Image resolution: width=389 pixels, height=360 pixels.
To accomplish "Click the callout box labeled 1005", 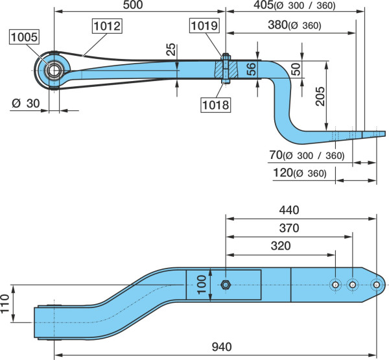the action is (24, 37).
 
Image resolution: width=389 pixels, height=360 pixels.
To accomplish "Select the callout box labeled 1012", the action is (108, 26).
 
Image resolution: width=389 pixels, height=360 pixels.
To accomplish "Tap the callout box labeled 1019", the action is (205, 25).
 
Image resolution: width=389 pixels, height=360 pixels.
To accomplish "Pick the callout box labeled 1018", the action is (216, 105).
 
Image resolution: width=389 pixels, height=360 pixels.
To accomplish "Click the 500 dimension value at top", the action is (133, 5).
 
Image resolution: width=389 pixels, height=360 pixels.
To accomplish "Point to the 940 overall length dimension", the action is (222, 347).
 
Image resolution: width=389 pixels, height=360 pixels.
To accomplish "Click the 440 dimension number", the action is (289, 210).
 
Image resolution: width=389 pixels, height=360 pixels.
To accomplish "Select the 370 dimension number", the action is (289, 228).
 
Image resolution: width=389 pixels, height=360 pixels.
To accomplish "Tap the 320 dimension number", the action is (281, 246).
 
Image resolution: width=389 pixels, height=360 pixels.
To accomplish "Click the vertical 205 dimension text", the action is (320, 97).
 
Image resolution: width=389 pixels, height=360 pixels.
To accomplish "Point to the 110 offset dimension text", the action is (5, 304).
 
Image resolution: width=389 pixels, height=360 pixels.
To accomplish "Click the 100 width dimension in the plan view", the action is (202, 285).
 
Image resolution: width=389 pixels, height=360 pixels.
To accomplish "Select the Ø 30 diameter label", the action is (25, 103).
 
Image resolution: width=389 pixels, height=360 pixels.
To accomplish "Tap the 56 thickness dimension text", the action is (251, 69).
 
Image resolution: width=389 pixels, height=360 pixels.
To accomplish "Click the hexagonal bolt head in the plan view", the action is (226, 285).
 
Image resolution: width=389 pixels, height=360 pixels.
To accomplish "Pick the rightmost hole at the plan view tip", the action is (376, 285).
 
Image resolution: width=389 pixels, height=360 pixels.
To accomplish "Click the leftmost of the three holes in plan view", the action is (335, 285).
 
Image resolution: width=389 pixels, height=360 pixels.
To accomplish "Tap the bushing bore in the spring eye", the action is (54, 71).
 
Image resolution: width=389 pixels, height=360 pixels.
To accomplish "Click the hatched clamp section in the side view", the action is (226, 69).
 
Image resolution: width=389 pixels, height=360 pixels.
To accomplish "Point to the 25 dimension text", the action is (171, 49).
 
